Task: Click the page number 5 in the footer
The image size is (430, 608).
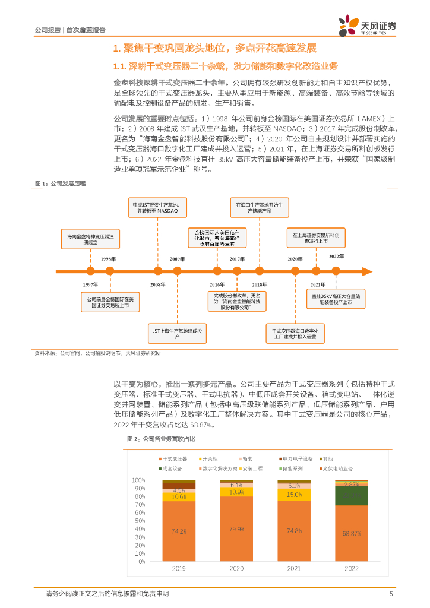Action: [391, 594]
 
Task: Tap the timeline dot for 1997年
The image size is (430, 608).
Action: [91, 271]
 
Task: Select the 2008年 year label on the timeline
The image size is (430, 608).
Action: [157, 285]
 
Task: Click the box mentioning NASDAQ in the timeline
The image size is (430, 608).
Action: [159, 207]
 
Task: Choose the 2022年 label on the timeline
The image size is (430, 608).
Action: [337, 256]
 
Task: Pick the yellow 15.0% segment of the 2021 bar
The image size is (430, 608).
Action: [294, 495]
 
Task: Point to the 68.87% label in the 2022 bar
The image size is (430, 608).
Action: [352, 533]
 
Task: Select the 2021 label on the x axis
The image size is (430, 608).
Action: [294, 568]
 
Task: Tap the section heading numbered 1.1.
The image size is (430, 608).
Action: [225, 65]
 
